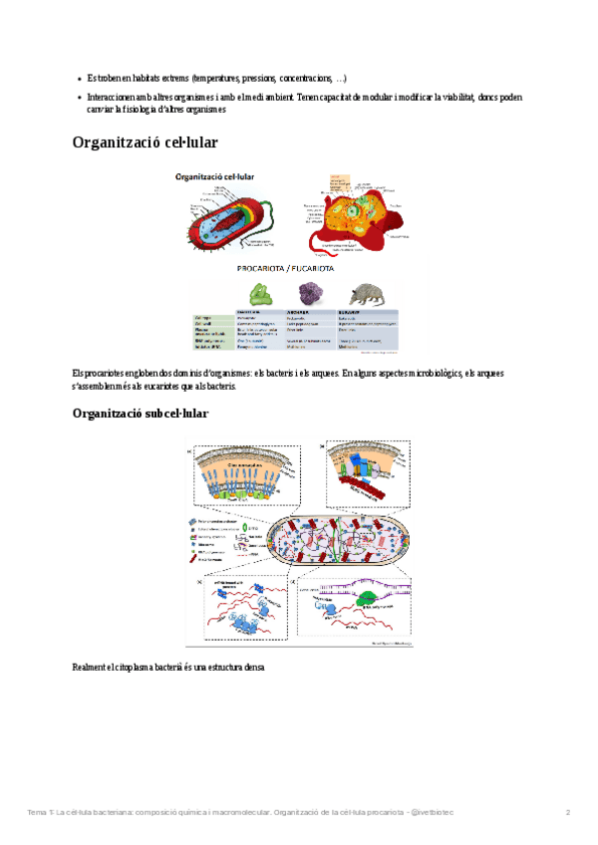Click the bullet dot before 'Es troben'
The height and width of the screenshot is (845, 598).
tap(80, 78)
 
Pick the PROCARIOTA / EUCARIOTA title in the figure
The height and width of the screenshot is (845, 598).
tap(285, 268)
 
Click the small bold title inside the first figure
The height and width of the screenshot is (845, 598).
tap(213, 175)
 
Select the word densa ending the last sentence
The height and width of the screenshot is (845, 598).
tap(256, 667)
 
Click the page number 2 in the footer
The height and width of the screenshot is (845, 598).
tap(568, 812)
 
